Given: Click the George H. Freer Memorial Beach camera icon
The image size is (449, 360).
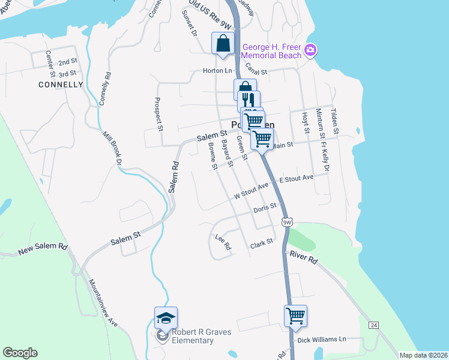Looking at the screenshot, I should tap(310, 49).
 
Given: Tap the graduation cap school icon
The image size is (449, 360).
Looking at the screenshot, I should tap(166, 318).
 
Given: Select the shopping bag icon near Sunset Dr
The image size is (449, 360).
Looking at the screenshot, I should tap(223, 43).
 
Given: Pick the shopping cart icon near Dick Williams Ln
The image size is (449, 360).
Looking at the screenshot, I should tap(295, 315).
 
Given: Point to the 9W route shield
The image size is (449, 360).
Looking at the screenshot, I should tap(288, 223).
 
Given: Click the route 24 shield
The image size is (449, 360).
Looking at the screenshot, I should tap(373, 325).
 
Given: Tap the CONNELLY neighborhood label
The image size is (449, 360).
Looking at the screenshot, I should tap(61, 85).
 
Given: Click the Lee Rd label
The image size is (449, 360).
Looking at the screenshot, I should tap(223, 242).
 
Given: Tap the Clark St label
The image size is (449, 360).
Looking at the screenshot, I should tap(262, 244).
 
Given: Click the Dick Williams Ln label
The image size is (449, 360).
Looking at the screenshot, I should tap(323, 339).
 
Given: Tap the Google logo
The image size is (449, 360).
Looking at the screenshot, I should tap(20, 353).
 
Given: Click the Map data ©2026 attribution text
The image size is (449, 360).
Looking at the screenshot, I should tap(423, 355).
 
